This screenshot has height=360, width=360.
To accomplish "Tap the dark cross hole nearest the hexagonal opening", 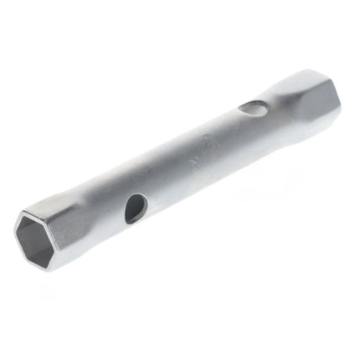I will pos(134,208).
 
